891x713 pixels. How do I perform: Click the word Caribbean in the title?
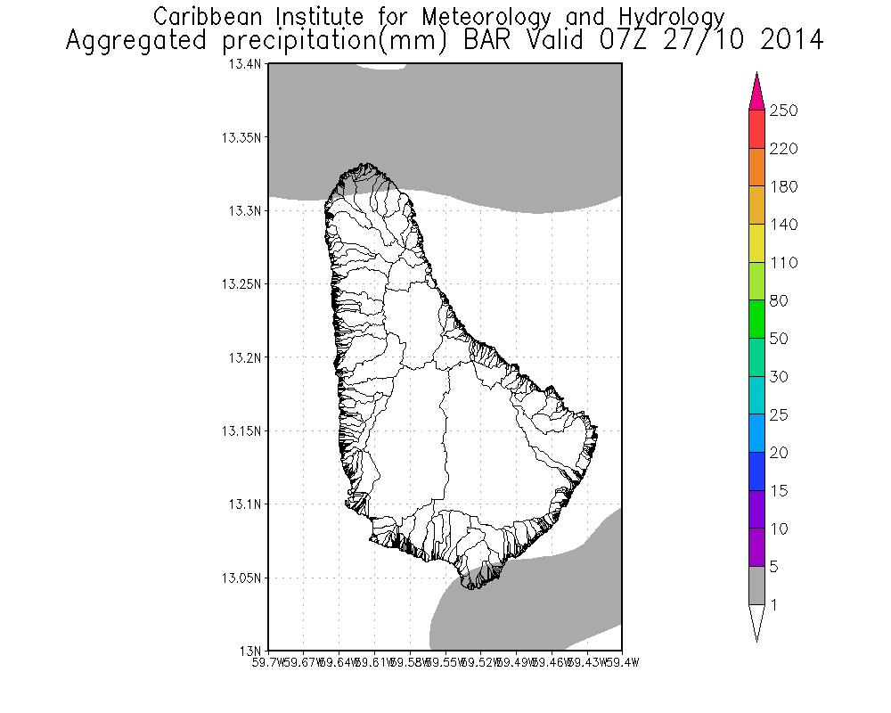208,16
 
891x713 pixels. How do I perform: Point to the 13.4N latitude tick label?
244,65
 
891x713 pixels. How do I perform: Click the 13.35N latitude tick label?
241,138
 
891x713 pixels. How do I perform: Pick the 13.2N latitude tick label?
244,357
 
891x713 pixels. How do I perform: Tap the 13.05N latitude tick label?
241,578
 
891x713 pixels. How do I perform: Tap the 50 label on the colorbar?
780,339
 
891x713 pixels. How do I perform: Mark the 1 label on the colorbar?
774,605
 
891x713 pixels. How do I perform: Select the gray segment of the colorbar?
756,586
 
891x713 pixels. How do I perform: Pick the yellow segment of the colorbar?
756,243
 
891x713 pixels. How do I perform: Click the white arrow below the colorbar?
756,621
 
